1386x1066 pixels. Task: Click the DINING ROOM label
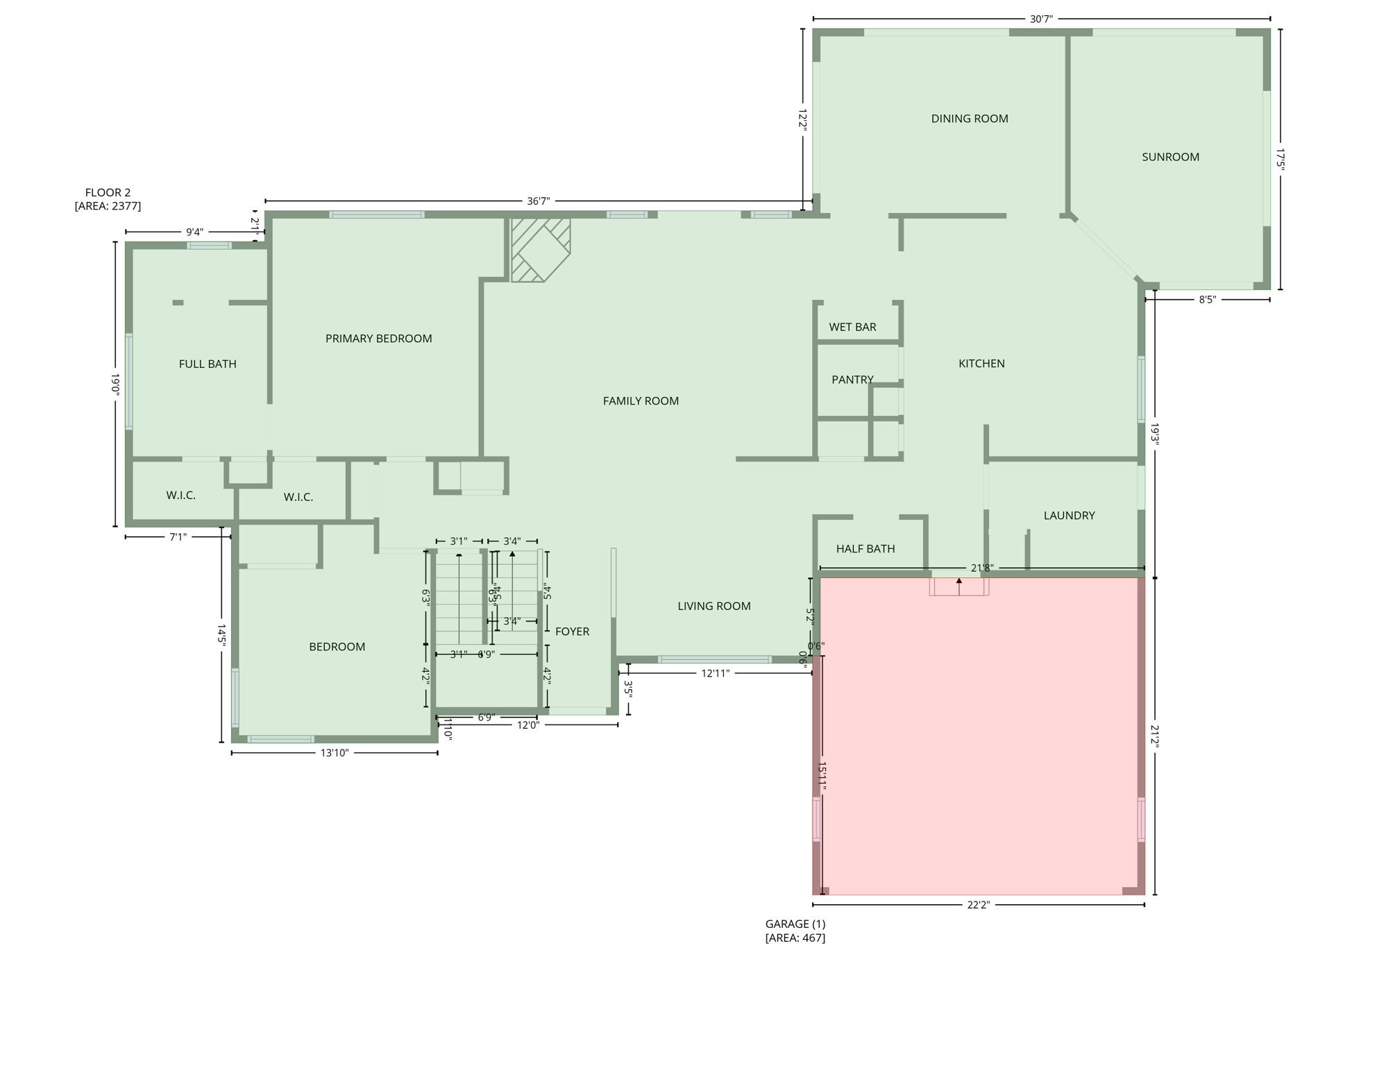pos(969,119)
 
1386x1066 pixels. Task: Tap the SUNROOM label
pos(1170,157)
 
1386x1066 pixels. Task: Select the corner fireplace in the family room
pos(541,250)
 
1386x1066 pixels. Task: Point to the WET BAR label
pos(852,327)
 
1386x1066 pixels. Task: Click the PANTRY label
pos(852,380)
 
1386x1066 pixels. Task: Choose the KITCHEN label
pos(981,364)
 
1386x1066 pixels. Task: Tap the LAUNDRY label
pos(1069,516)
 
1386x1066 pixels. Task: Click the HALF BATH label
pos(865,549)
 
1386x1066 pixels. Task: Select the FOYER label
pos(572,632)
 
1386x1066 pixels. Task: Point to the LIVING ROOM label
pos(713,606)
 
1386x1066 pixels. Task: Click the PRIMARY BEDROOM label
pos(378,339)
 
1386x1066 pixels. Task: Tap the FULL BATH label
pos(208,364)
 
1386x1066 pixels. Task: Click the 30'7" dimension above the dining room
pos(1041,19)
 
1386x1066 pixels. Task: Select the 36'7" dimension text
pos(538,201)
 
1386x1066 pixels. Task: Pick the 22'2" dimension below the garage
pos(978,905)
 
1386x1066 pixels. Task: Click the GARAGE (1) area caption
pos(795,931)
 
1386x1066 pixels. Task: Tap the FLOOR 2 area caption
pos(108,199)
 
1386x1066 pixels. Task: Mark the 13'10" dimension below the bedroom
pos(334,753)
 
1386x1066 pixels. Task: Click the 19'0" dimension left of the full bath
pos(116,384)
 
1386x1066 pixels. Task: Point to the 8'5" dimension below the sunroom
pos(1207,300)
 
